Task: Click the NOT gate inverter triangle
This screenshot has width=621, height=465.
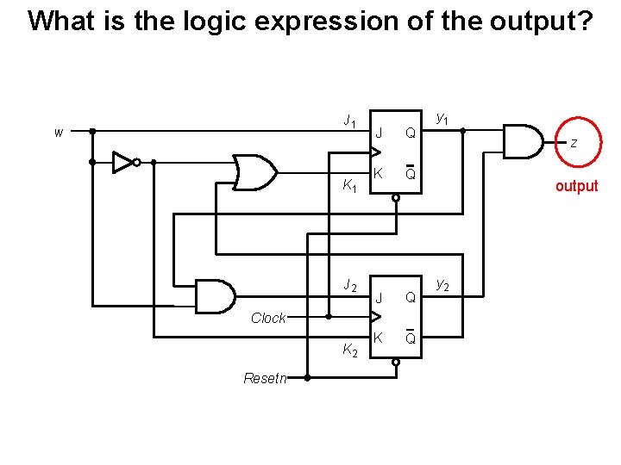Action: pos(123,161)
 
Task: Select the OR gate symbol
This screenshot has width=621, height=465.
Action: pos(254,172)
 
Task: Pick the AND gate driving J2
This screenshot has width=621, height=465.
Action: pos(216,296)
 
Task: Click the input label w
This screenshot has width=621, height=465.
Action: pos(58,133)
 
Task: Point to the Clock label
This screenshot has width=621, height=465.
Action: pos(268,318)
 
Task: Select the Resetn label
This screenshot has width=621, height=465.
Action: pos(266,378)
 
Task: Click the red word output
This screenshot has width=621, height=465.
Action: pos(576,186)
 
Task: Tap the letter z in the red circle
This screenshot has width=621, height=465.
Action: pos(573,143)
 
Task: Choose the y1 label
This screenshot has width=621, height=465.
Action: pos(442,116)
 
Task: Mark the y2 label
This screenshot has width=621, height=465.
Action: pos(442,282)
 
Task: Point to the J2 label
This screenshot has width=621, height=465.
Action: pos(349,285)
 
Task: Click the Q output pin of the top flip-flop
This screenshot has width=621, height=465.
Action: pos(411,133)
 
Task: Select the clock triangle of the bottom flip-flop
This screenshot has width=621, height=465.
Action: pos(374,318)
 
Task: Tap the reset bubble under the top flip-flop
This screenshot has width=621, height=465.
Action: pos(396,198)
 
